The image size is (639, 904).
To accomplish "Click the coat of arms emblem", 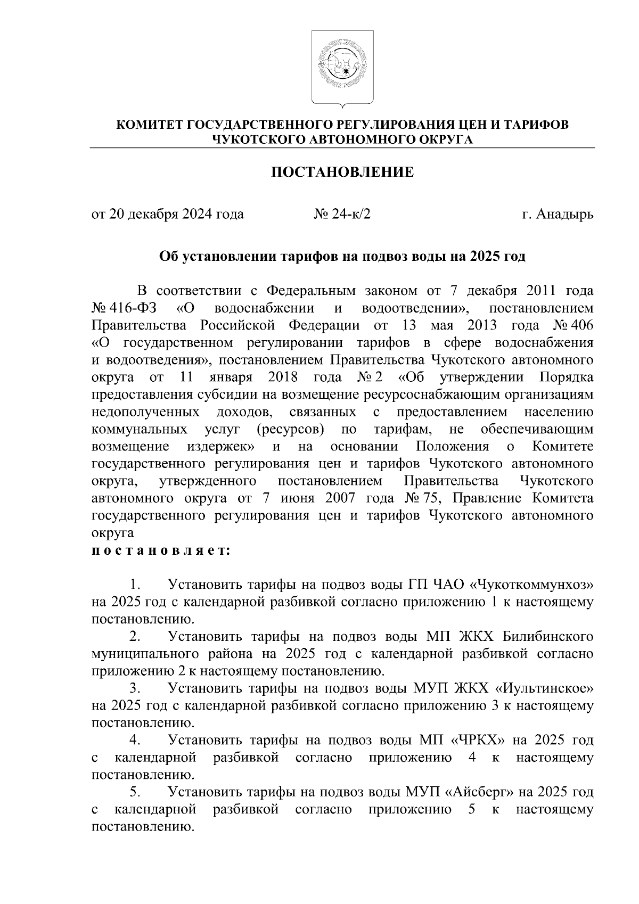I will [342, 68].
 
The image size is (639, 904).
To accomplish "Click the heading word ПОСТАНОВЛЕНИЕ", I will [342, 172].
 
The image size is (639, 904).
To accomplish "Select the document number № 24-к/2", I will [342, 214].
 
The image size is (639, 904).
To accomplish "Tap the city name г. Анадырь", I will [558, 214].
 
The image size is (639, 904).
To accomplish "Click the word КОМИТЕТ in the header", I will [150, 125].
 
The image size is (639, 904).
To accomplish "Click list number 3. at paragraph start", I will [135, 688].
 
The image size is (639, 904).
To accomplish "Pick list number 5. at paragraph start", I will [135, 792].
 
